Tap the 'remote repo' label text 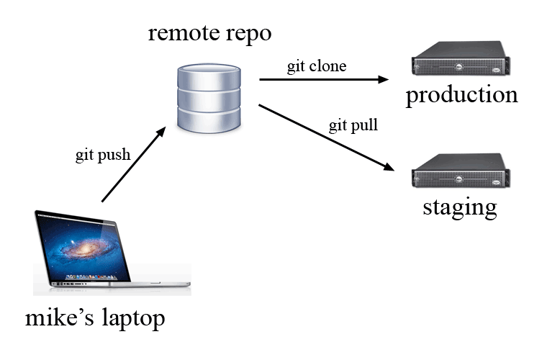point(210,33)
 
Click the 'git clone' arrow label point(317,67)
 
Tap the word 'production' point(461,95)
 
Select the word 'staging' point(459,207)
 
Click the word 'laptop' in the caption point(132,318)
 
